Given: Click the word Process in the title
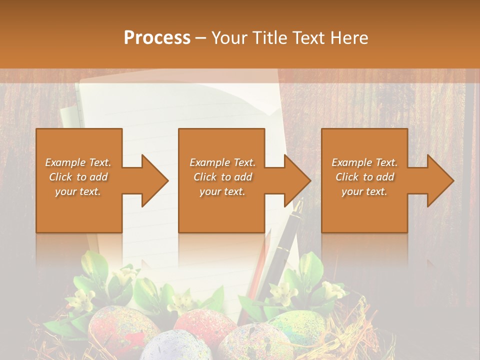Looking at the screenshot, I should (x=157, y=38).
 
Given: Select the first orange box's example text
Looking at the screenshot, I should (x=78, y=177).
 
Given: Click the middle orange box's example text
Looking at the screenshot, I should (x=222, y=177).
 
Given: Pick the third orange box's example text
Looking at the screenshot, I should (x=364, y=177).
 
